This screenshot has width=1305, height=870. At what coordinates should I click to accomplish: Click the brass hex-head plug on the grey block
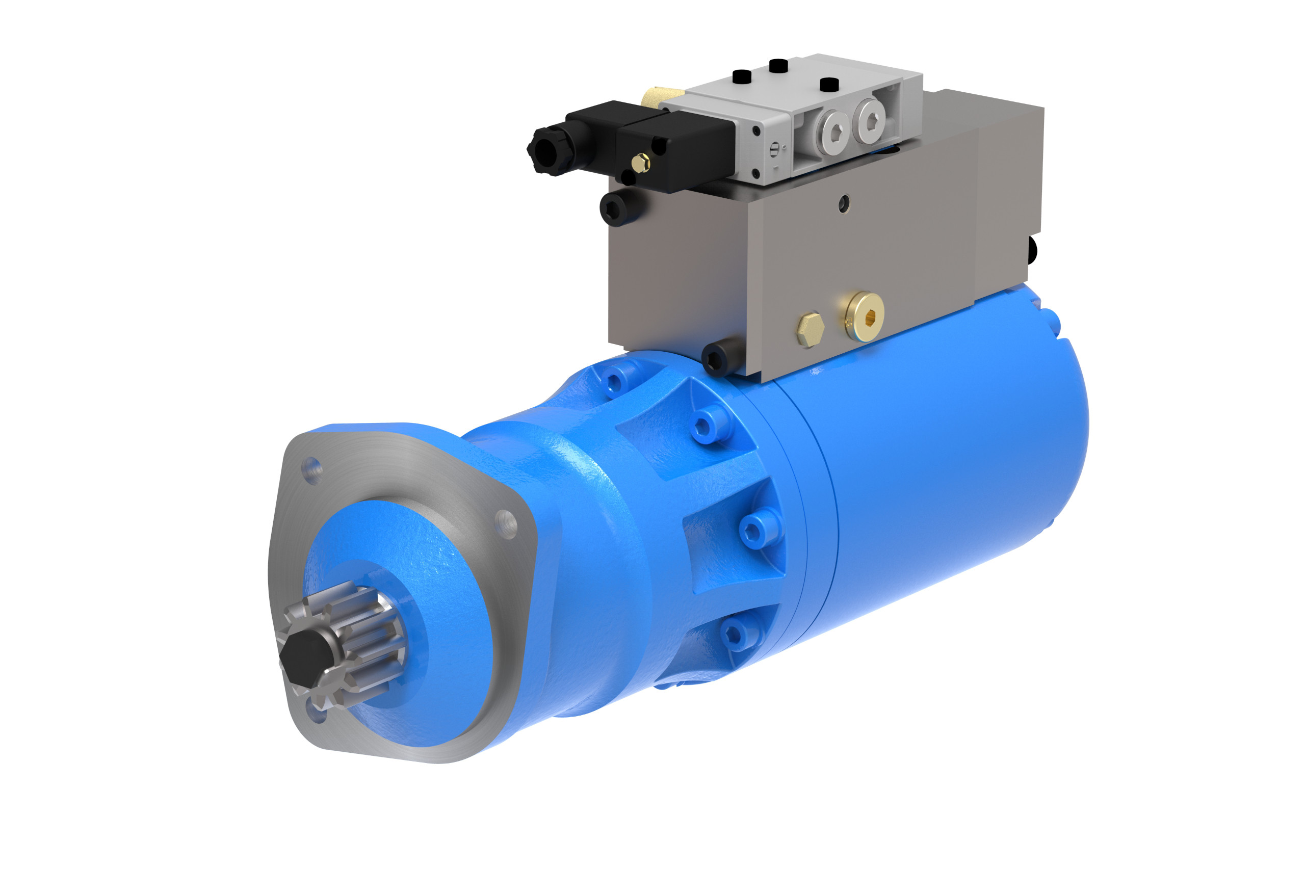tap(810, 330)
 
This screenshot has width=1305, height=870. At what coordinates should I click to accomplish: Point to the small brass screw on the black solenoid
tap(641, 163)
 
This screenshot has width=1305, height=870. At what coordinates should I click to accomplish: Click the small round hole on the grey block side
tap(844, 204)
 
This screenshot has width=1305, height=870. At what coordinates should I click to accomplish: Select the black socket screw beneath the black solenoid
tap(620, 208)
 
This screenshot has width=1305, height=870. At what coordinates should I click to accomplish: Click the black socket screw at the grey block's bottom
tap(720, 359)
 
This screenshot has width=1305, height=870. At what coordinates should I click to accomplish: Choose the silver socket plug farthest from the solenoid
tap(871, 120)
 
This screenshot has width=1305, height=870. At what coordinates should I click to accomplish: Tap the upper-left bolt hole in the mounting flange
tap(312, 470)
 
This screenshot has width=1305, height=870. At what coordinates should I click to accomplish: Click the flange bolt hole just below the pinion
tap(318, 712)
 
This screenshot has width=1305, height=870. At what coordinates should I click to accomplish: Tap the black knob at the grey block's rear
tap(1033, 250)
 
